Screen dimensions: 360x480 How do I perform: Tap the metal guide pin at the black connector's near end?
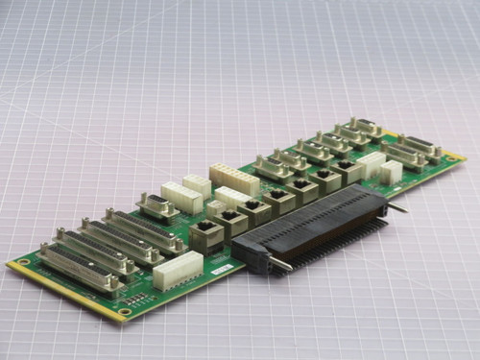point(277,264)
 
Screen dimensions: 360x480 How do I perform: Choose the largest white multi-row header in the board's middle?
point(234,178)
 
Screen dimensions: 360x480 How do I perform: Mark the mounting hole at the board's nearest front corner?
point(125,312)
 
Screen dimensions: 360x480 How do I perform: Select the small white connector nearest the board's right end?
point(391,172)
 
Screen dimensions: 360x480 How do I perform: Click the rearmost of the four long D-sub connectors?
point(144,230)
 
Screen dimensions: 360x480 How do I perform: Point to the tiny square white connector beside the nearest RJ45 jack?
point(216,207)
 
